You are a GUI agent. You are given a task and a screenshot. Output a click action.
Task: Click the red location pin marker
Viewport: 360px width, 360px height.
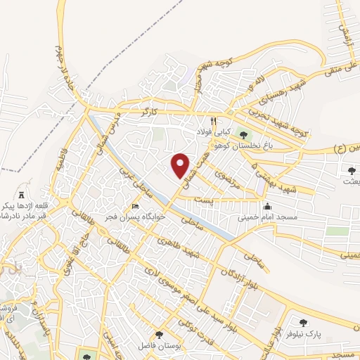(x=181, y=165)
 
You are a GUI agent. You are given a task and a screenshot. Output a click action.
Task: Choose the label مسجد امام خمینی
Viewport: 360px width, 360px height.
(x=267, y=218)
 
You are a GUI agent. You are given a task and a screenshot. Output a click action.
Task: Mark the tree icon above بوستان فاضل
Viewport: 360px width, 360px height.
(x=160, y=335)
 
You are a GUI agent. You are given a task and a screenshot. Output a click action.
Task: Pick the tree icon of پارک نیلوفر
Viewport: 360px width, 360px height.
(x=303, y=323)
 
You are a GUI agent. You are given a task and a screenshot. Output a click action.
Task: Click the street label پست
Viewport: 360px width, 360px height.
(x=203, y=200)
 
